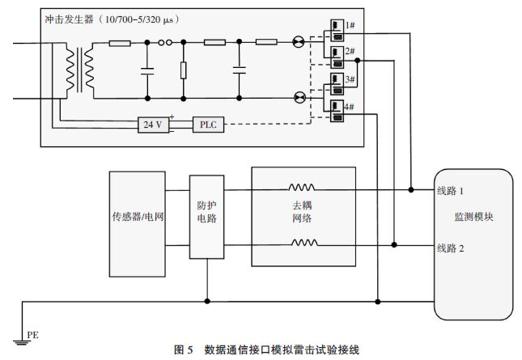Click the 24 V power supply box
pyautogui.click(x=153, y=125)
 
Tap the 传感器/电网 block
pyautogui.click(x=137, y=218)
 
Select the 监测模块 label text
pyautogui.click(x=473, y=218)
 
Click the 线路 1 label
pyautogui.click(x=450, y=191)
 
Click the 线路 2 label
pyautogui.click(x=450, y=248)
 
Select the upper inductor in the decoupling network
pyautogui.click(x=303, y=187)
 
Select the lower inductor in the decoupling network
pyautogui.click(x=303, y=242)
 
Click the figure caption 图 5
pyautogui.click(x=183, y=349)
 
